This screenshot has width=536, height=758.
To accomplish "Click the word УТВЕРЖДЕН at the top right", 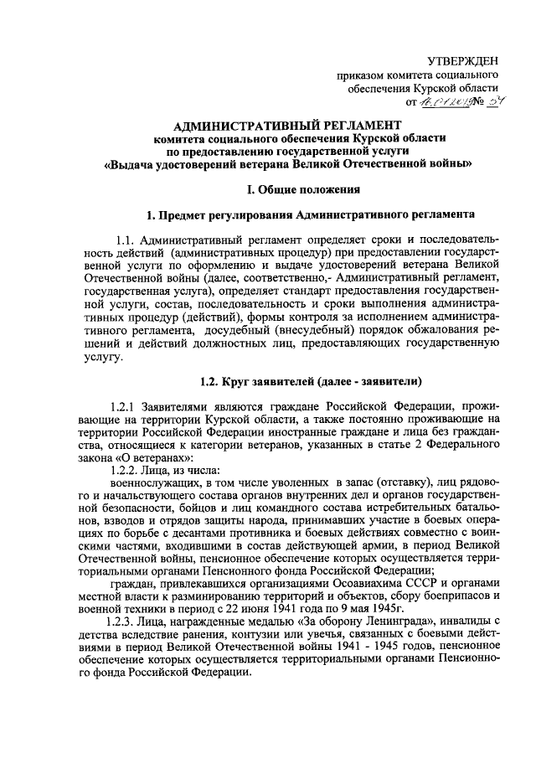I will tap(461, 61).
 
